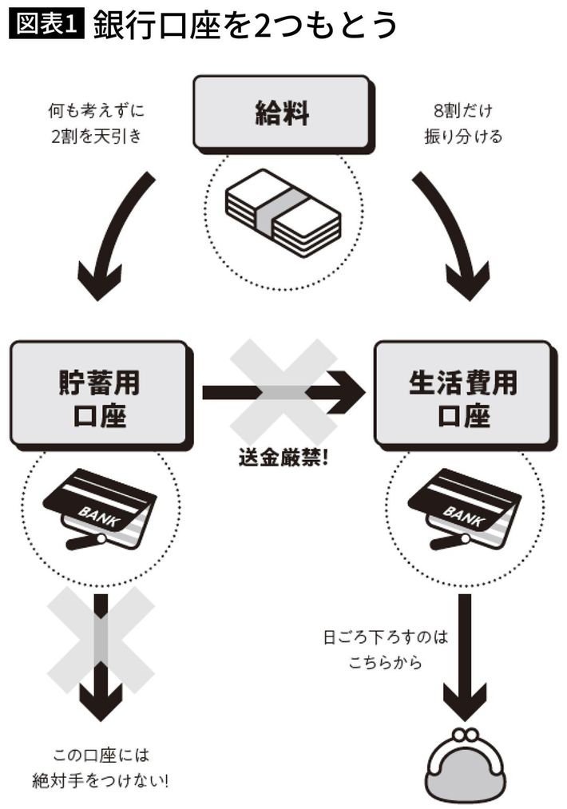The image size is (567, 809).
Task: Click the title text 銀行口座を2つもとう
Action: [x=244, y=26]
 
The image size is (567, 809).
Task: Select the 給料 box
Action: [x=282, y=112]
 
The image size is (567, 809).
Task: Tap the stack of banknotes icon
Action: [x=283, y=212]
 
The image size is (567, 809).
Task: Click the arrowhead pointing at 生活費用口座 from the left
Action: [x=345, y=392]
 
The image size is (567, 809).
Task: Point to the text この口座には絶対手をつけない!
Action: [x=101, y=767]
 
